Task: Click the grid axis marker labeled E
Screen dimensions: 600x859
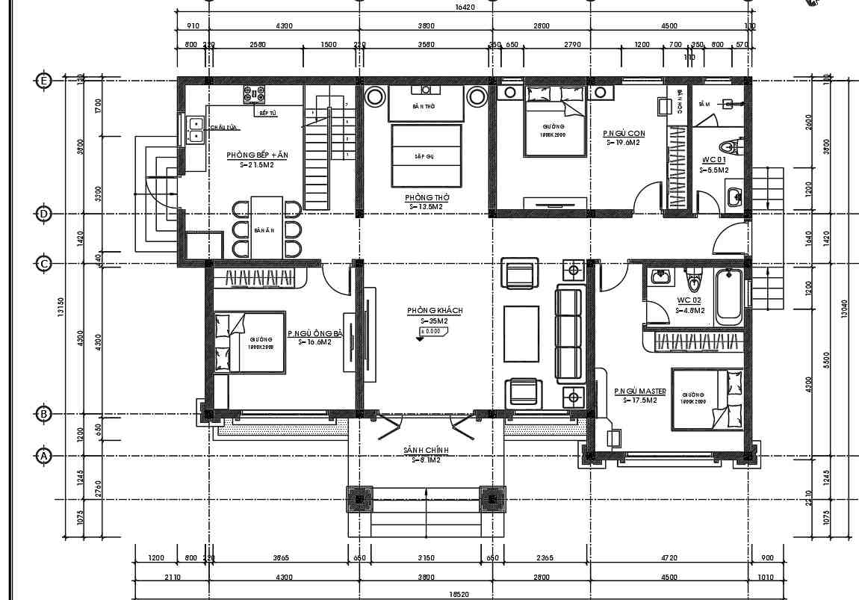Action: [44, 81]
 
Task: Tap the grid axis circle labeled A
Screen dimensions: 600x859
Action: [44, 455]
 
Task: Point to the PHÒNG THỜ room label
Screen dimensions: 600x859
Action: [426, 198]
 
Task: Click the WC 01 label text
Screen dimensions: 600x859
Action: [713, 160]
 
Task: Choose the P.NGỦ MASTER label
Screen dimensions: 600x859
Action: [639, 392]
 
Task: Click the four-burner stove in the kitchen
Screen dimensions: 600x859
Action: [254, 94]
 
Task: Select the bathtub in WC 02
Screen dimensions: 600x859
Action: [729, 297]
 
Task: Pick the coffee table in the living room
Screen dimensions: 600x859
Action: [521, 334]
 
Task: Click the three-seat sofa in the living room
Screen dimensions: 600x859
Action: [568, 333]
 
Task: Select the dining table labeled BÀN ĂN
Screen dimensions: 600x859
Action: [267, 227]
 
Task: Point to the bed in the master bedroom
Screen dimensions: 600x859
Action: [706, 399]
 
